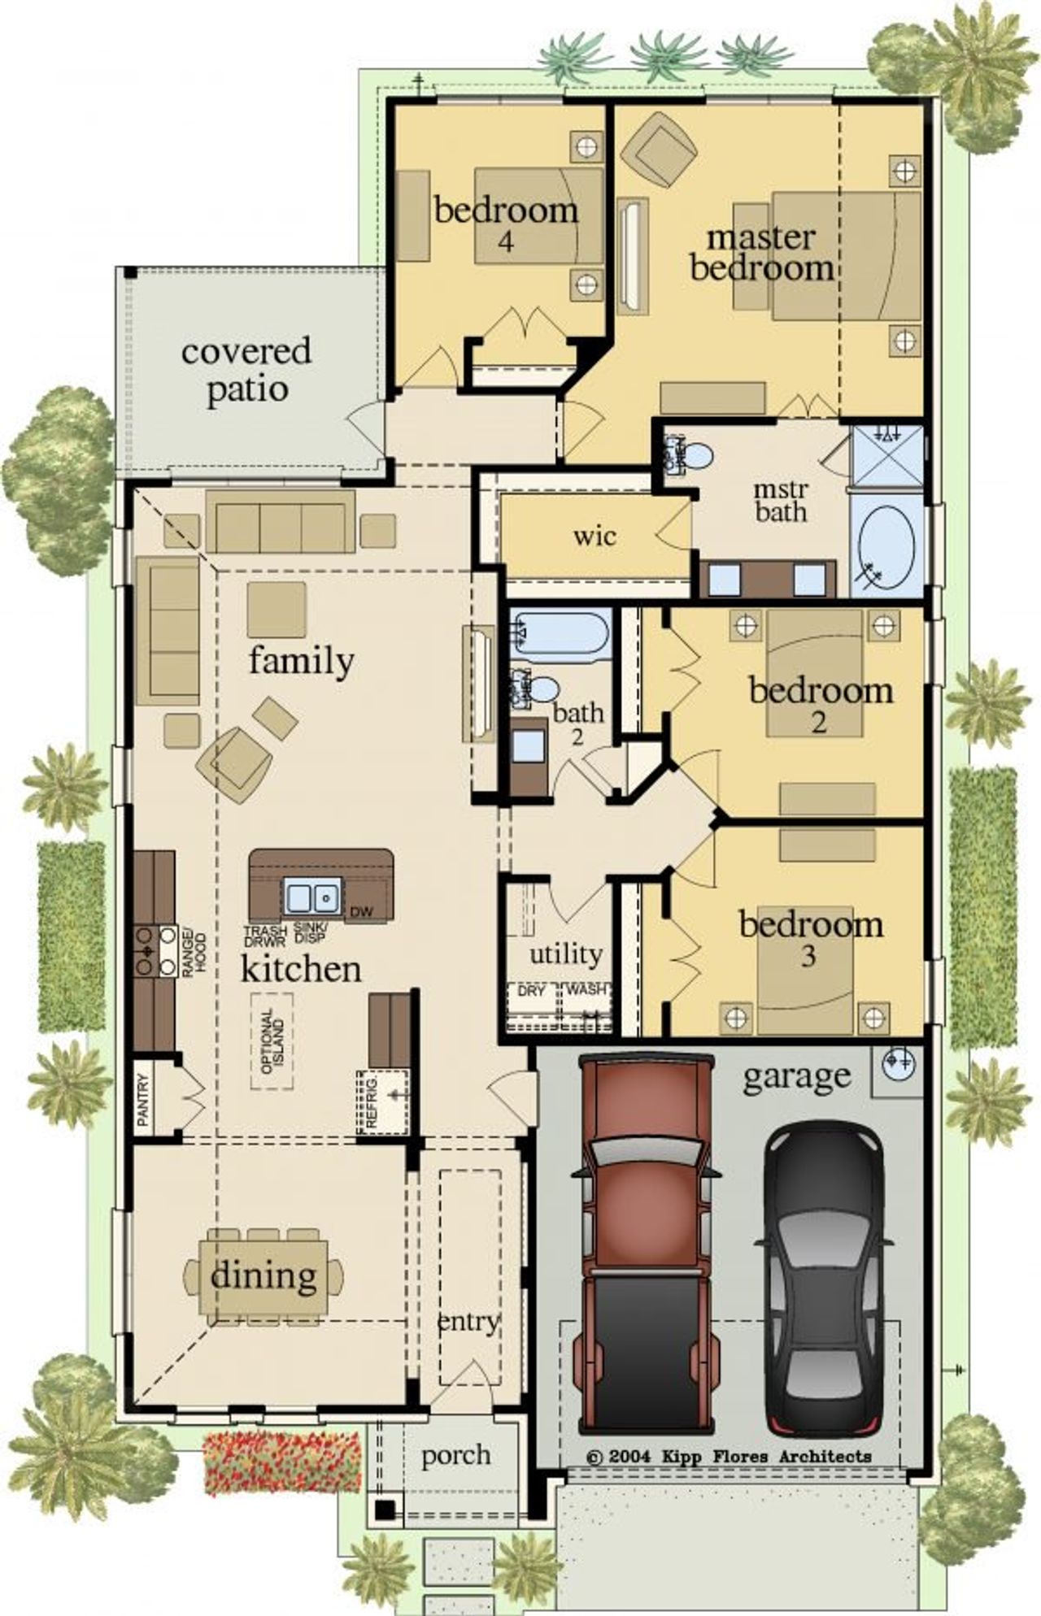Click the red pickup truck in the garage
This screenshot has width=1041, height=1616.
pyautogui.click(x=647, y=1244)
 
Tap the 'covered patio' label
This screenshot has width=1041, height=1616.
pyautogui.click(x=246, y=370)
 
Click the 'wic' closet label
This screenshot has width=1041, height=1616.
pyautogui.click(x=595, y=536)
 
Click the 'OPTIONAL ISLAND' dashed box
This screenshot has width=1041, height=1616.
pyautogui.click(x=272, y=1041)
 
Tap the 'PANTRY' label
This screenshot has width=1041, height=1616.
pyautogui.click(x=144, y=1099)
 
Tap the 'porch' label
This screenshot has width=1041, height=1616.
pyautogui.click(x=455, y=1456)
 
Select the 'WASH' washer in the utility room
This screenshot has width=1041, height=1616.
pyautogui.click(x=586, y=990)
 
